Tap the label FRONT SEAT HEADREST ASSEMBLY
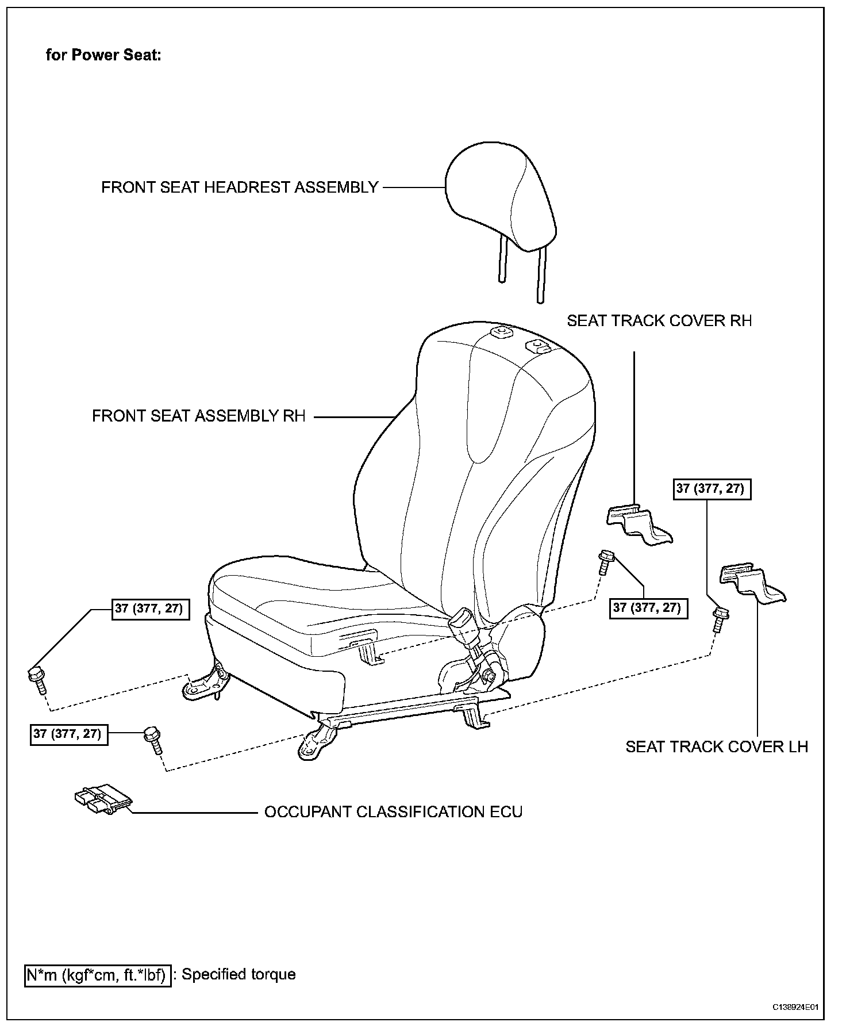240,187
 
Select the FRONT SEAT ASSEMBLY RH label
199,416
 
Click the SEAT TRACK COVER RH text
659,321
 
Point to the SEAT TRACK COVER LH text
717,746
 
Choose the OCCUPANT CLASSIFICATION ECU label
393,811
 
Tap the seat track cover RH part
639,523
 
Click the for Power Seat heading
103,55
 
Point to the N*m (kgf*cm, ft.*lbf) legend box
97,974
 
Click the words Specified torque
239,974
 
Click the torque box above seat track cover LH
710,489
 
